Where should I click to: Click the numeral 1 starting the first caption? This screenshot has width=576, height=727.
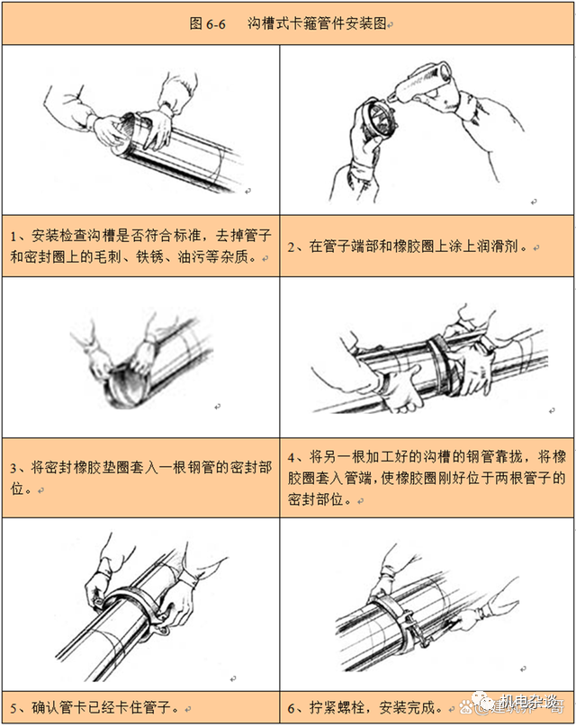pos(13,237)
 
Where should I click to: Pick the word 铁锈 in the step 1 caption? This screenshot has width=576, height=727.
pos(149,256)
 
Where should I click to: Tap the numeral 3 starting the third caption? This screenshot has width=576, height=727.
pos(14,468)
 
